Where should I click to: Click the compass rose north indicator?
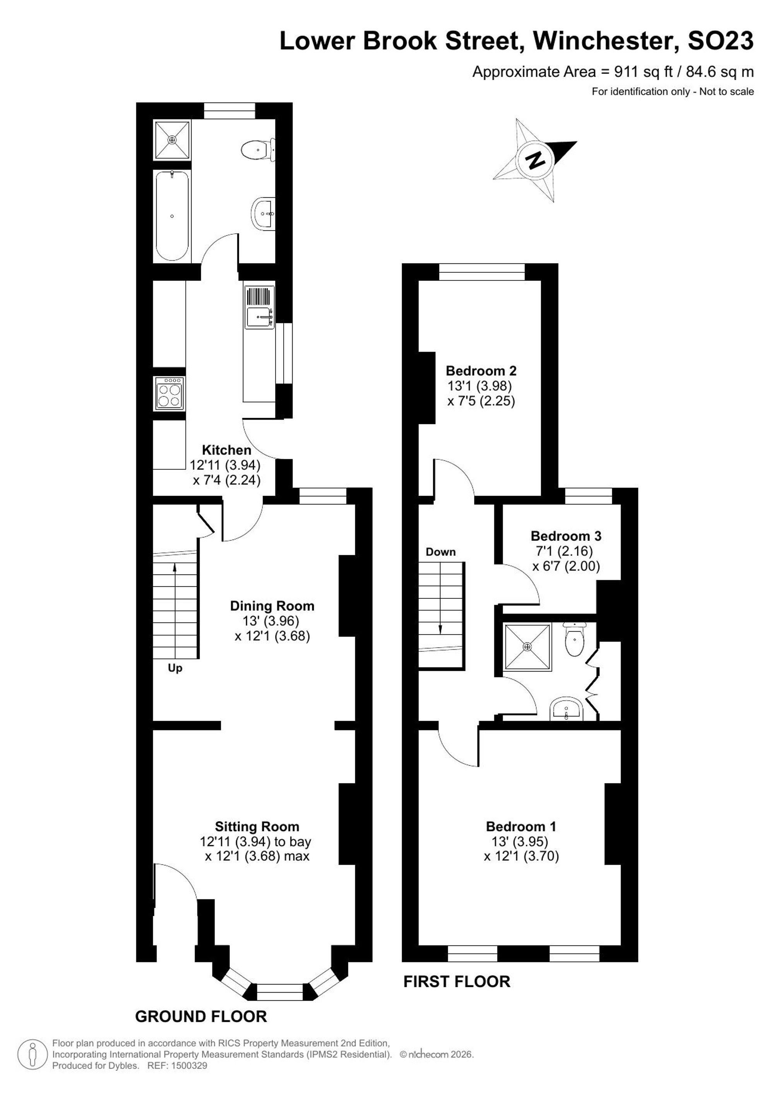pos(535,160)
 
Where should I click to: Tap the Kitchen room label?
pos(226,450)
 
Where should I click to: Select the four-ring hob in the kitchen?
pos(169,393)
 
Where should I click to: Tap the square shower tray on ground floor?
pos(172,140)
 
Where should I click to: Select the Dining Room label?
pos(272,606)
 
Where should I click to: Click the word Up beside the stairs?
pos(175,668)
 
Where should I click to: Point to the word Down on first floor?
pos(440,552)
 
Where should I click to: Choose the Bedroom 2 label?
pos(481,371)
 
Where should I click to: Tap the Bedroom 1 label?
pos(521,826)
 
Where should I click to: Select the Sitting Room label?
pos(257,827)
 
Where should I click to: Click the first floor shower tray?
pos(527,646)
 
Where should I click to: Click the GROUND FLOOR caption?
pos(201,1017)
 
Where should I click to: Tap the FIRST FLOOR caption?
pos(457,981)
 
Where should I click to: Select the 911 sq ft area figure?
pos(644,72)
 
